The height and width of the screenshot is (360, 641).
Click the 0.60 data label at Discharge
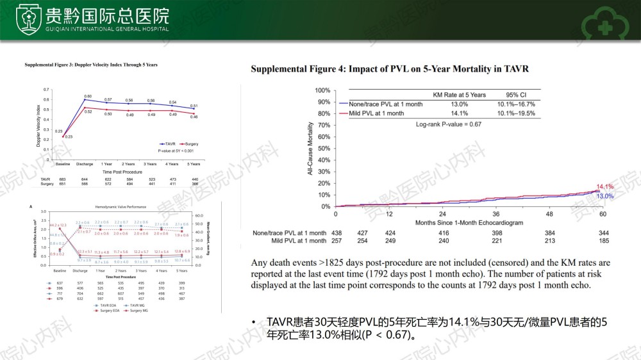coord(88,95)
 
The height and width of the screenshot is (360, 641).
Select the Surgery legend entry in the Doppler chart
coord(189,144)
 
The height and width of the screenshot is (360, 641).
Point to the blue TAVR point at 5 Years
coord(194,110)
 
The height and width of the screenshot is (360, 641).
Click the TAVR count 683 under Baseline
coord(63,179)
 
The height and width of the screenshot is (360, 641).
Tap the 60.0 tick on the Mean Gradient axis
coord(199,216)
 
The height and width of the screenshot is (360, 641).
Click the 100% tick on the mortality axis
coord(322,91)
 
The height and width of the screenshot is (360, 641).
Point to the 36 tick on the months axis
coord(495,214)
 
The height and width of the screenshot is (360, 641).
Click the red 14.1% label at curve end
coord(605,187)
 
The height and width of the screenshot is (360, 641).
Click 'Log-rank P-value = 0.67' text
coord(449,124)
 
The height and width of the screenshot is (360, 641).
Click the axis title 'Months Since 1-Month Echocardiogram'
coord(469,222)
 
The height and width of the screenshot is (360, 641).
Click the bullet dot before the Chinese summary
coord(254,322)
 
